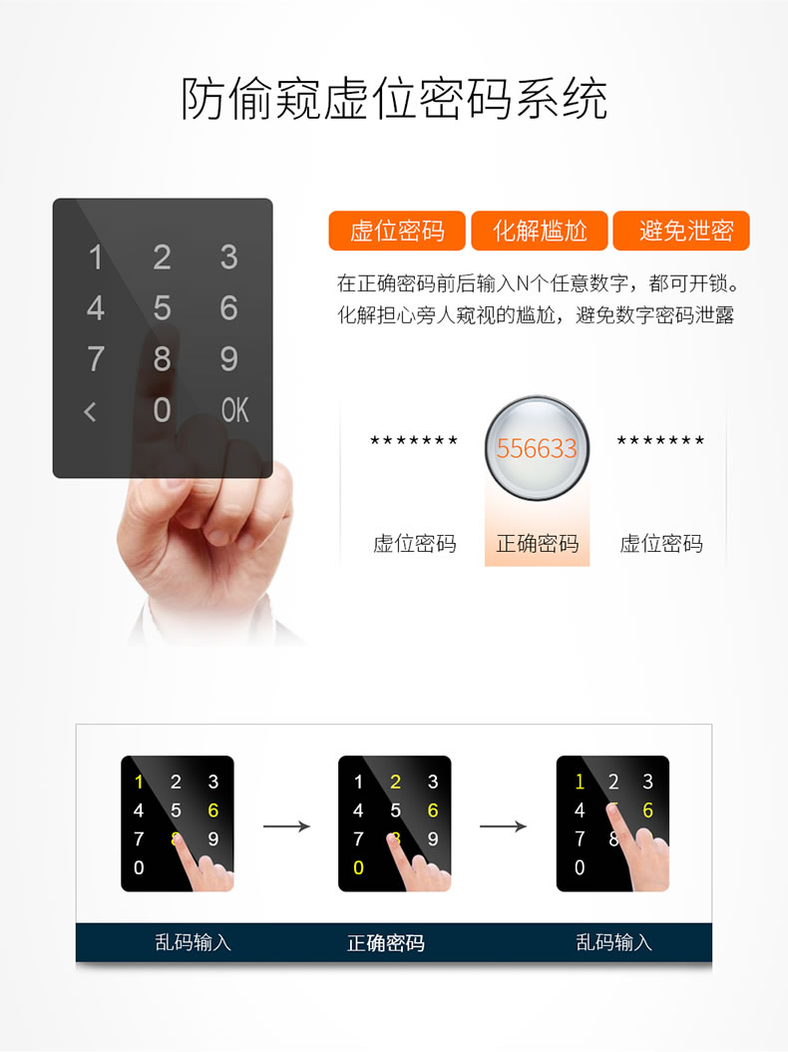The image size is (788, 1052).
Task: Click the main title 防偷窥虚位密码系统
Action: click(394, 100)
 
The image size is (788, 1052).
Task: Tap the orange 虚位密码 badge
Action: click(397, 232)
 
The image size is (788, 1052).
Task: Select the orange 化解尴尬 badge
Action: click(540, 232)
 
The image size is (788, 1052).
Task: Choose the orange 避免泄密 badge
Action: click(682, 232)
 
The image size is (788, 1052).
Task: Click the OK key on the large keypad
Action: click(234, 409)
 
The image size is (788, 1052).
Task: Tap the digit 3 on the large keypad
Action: click(229, 258)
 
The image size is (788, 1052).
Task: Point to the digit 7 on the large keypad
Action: click(96, 358)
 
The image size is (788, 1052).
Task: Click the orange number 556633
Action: click(537, 449)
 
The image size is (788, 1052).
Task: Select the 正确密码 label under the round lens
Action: click(537, 544)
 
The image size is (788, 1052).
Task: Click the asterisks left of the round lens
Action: click(414, 440)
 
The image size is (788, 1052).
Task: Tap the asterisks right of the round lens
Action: click(660, 440)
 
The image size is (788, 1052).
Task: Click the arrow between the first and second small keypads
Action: click(286, 825)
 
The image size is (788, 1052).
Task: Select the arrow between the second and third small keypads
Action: click(504, 825)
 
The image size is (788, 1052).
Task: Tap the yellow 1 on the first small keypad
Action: click(139, 782)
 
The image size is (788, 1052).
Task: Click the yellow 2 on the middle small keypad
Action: click(396, 782)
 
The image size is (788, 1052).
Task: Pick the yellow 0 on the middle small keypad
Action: click(358, 867)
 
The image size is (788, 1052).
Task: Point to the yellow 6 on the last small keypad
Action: click(647, 810)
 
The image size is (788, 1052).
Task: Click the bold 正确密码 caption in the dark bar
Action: click(385, 943)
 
